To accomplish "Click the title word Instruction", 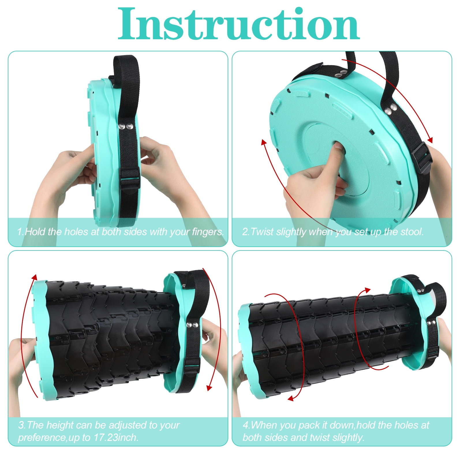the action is click(x=239, y=24).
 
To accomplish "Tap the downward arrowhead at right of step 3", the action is click(x=210, y=387).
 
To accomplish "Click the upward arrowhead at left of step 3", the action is click(x=34, y=278).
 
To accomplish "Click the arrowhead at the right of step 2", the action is click(x=430, y=140).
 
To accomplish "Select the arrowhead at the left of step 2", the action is click(x=263, y=143).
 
